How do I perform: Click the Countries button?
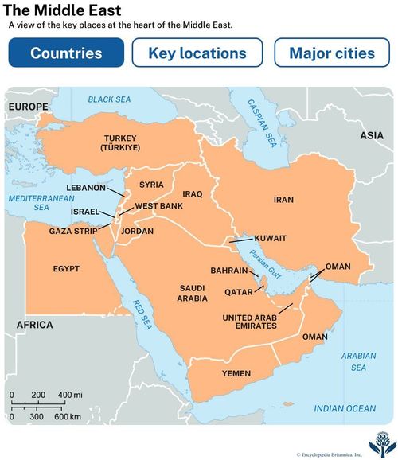(x=66, y=53)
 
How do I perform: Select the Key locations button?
(x=198, y=53)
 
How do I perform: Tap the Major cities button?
(x=332, y=53)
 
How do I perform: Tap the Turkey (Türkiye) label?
(x=120, y=143)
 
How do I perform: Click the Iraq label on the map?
(x=193, y=193)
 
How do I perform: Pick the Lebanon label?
(x=85, y=188)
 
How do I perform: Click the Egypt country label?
(x=66, y=269)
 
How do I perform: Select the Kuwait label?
(x=271, y=238)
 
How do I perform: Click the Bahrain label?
(x=229, y=270)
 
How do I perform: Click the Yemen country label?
(x=236, y=373)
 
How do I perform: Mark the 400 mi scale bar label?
(x=70, y=396)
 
